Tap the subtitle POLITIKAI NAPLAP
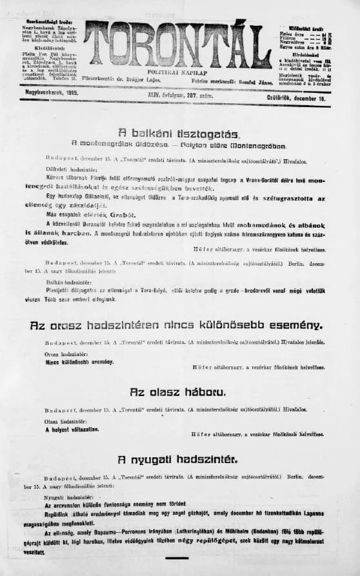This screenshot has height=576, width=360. (x=179, y=74)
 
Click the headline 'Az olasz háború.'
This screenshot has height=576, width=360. (x=177, y=392)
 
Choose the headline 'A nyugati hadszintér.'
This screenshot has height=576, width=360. (x=177, y=460)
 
